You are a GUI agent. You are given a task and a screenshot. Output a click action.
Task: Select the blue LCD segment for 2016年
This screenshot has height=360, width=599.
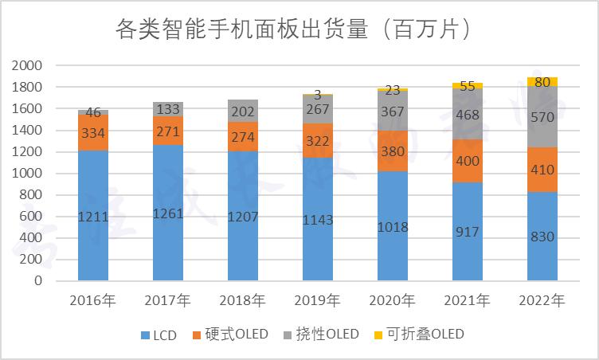[x=93, y=215]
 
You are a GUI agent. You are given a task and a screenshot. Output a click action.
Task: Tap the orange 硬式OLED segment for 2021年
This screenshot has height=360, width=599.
[x=467, y=161]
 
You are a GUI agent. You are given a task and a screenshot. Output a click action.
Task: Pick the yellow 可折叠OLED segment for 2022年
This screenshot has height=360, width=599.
[x=542, y=81]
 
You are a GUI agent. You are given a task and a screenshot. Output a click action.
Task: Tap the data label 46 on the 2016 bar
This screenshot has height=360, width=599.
[x=93, y=113]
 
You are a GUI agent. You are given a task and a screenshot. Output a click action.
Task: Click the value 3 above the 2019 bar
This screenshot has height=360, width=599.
[x=318, y=94]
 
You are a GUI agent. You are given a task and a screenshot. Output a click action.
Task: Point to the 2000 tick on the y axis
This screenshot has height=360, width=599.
[x=27, y=65]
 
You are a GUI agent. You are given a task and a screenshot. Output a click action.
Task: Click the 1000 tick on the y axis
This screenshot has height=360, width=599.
[x=27, y=174]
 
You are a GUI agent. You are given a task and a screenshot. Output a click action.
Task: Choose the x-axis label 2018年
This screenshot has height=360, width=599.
[x=242, y=301]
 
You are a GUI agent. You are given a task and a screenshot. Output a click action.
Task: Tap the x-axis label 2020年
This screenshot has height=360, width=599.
[x=392, y=301]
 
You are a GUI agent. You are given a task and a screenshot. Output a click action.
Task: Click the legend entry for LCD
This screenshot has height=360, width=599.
[x=159, y=335]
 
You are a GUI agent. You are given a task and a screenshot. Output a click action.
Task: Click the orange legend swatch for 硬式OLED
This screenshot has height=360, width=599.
[x=197, y=335]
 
